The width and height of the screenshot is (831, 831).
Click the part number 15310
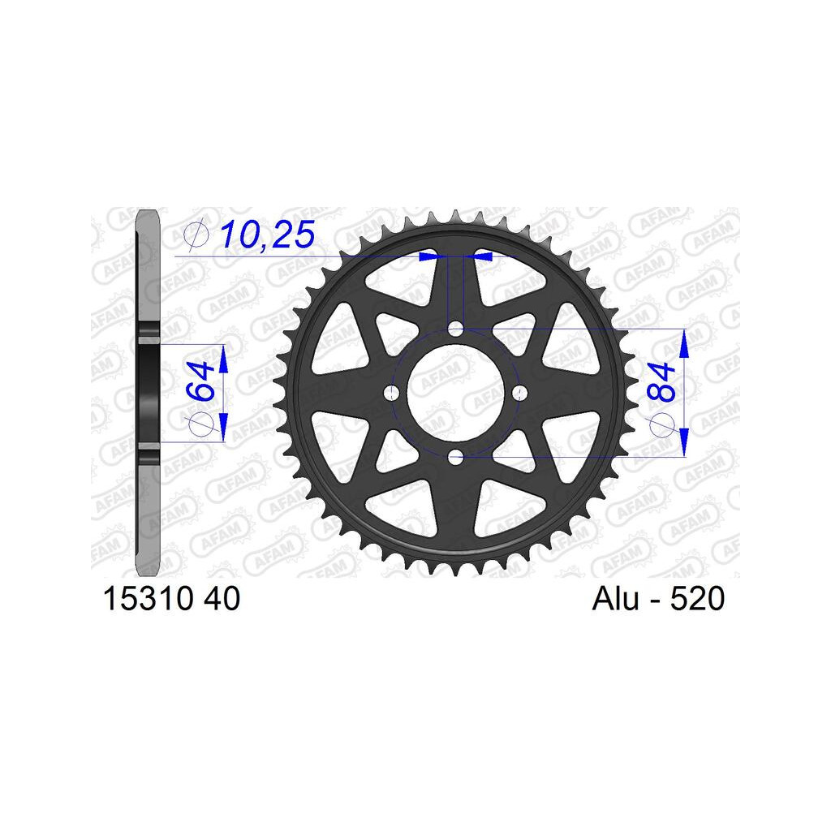tap(148, 599)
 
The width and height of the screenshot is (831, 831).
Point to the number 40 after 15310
tap(222, 599)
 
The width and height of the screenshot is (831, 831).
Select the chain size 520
tap(697, 599)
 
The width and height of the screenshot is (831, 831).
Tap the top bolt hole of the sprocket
tap(455, 329)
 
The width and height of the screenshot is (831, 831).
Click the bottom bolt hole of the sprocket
tap(455, 456)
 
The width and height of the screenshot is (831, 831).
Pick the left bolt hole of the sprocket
tap(392, 393)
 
